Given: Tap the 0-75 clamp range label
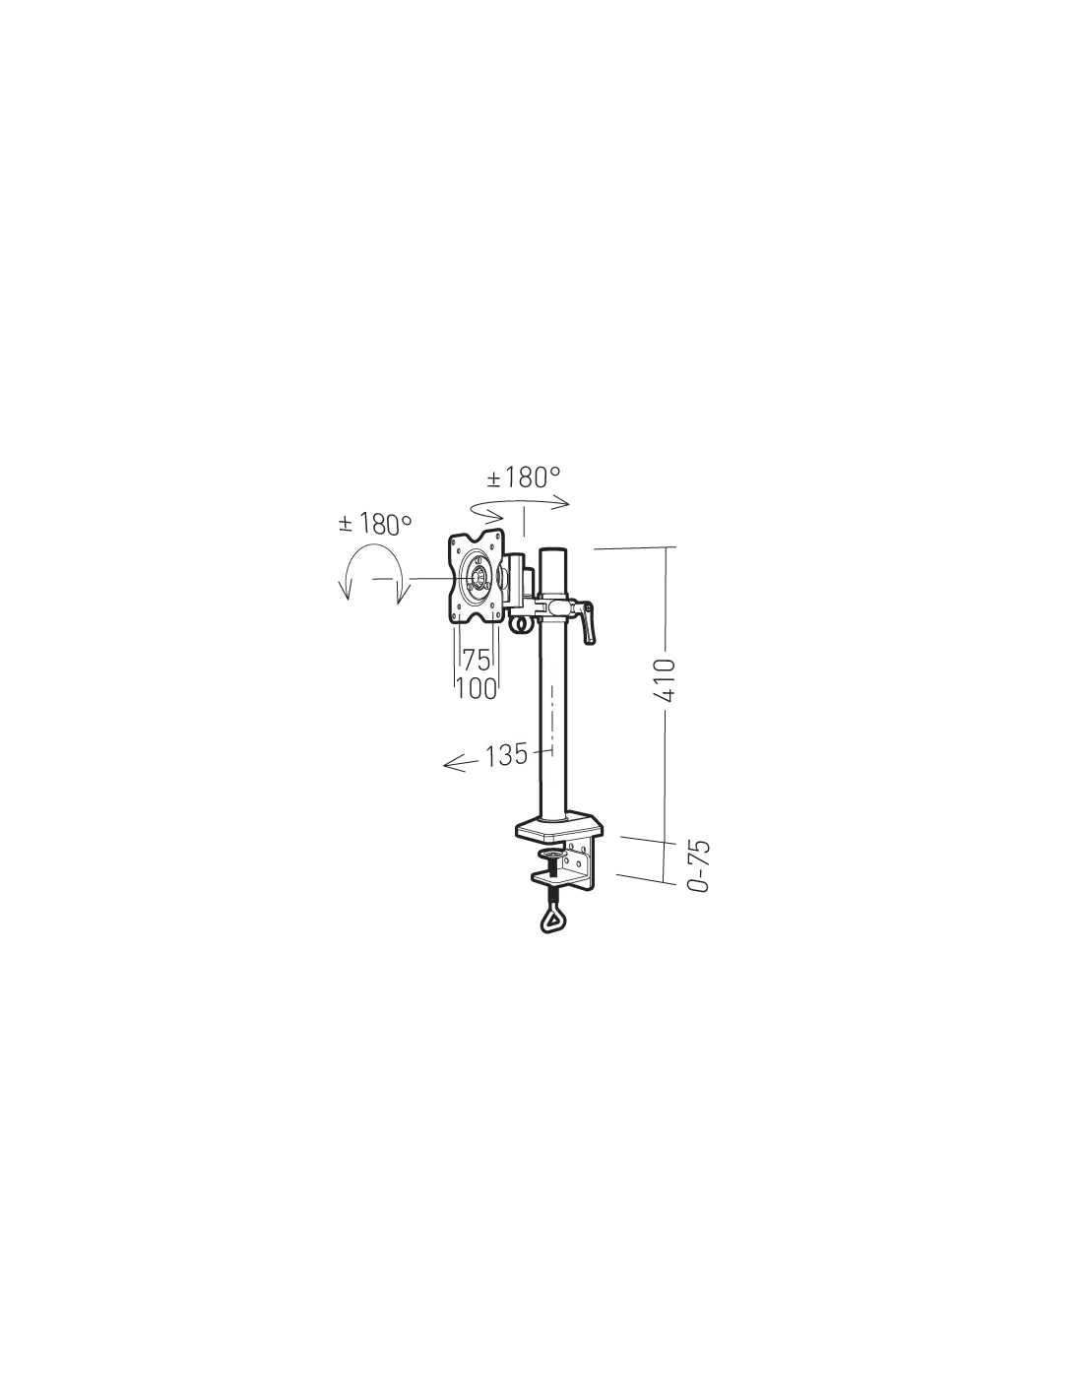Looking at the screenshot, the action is (698, 865).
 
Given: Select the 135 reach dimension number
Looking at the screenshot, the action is (506, 755).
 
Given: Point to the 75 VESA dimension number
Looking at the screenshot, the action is (477, 660).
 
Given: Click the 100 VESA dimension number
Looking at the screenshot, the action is (477, 689).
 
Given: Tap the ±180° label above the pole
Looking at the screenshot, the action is (523, 477).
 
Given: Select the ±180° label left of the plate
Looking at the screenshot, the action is (375, 524).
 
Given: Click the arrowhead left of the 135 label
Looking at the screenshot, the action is (452, 763).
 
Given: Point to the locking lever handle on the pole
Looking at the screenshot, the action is (587, 622).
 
